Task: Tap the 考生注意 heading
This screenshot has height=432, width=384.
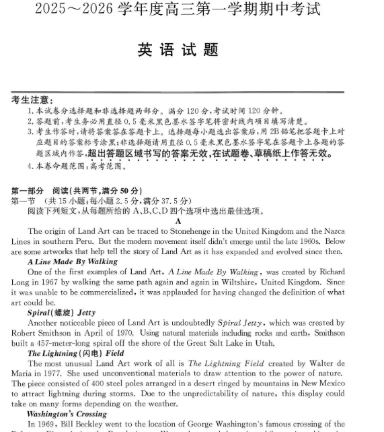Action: (33, 100)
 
